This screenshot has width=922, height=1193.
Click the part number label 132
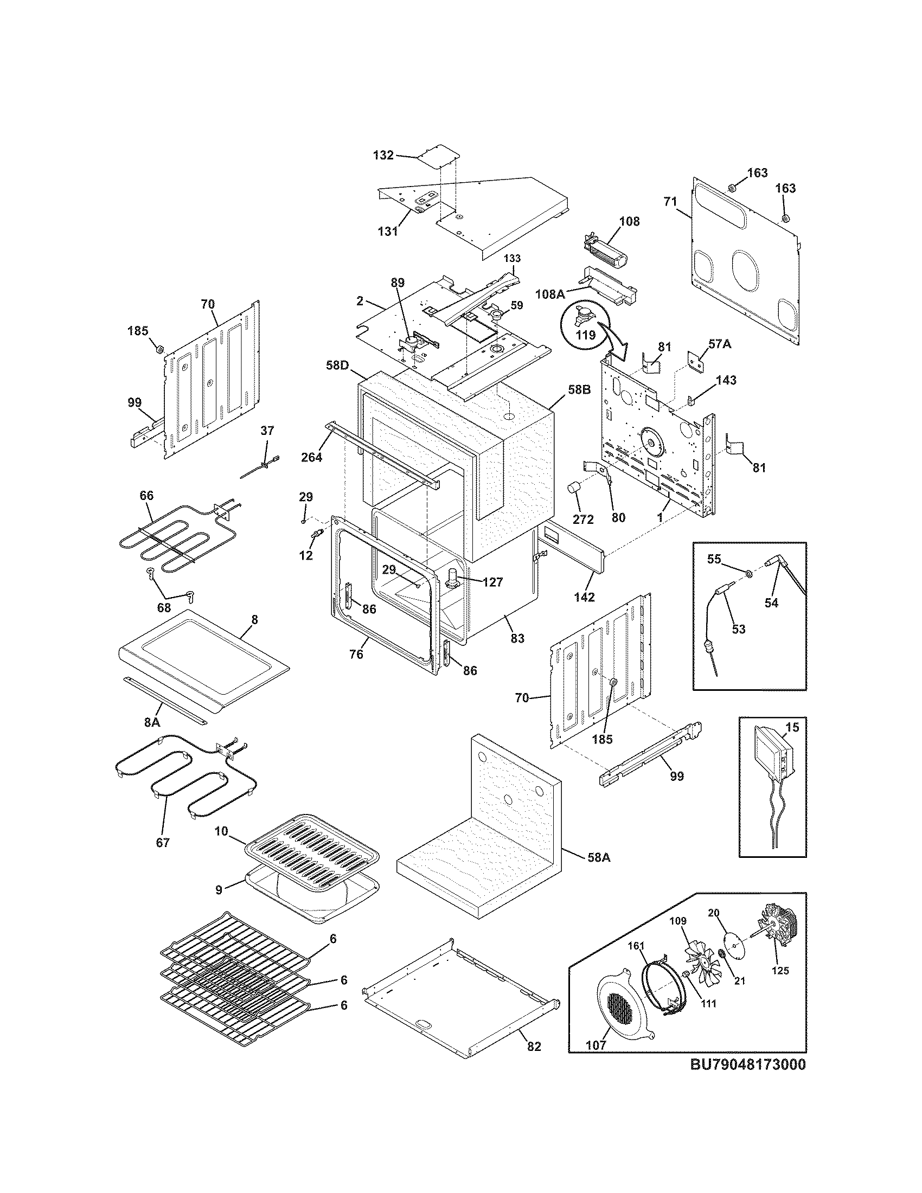pyautogui.click(x=383, y=155)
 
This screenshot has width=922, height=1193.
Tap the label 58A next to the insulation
pyautogui.click(x=599, y=858)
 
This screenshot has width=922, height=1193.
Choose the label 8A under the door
pyautogui.click(x=152, y=722)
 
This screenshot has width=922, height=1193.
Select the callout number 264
pyautogui.click(x=312, y=457)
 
